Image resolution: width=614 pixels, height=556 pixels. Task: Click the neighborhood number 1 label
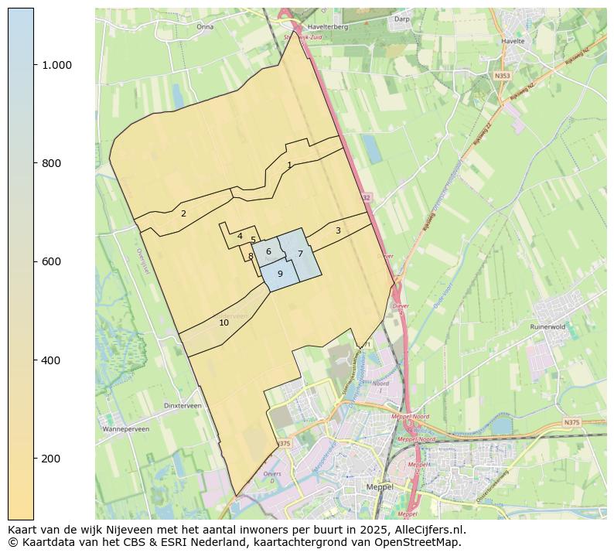pyautogui.click(x=289, y=165)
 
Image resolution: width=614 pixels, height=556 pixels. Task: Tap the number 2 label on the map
pyautogui.click(x=183, y=213)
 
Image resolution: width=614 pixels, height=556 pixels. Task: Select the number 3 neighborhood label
pyautogui.click(x=338, y=230)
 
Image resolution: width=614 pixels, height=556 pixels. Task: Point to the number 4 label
pyautogui.click(x=240, y=236)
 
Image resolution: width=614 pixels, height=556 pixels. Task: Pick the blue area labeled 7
pyautogui.click(x=300, y=254)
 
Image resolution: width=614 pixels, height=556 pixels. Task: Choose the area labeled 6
pyautogui.click(x=268, y=251)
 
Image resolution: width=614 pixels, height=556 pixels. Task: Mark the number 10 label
pyautogui.click(x=223, y=322)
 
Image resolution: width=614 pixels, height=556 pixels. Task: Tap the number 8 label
pyautogui.click(x=251, y=256)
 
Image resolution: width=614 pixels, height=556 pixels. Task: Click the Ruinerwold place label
pyautogui.click(x=548, y=327)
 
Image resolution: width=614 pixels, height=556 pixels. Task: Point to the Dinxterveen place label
pyautogui.click(x=183, y=405)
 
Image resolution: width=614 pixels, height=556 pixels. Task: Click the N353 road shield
pyautogui.click(x=503, y=76)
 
